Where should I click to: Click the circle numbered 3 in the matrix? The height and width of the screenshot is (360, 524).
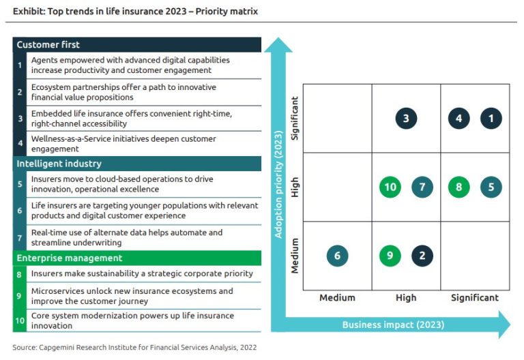[x=406, y=119]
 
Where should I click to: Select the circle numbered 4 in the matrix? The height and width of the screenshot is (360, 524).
[x=458, y=119]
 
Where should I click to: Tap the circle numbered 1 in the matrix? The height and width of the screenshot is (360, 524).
[x=491, y=119]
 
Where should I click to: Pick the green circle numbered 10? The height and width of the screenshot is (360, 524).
[x=390, y=187]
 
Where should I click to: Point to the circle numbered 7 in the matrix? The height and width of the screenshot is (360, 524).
[x=422, y=187]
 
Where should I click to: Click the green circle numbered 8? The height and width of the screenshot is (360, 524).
[x=458, y=187]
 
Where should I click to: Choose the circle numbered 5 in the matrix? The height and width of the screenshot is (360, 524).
[x=491, y=187]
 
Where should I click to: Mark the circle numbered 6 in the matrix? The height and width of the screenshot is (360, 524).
[x=337, y=256]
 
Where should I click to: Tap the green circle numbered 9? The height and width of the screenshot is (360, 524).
[x=390, y=256]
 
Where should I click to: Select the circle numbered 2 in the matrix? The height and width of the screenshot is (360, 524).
[x=422, y=256]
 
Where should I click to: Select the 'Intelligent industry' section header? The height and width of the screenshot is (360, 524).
[x=59, y=164]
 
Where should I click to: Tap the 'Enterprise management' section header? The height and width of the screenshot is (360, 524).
[x=69, y=258]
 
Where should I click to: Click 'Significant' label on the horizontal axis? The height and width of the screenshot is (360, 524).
[x=475, y=298]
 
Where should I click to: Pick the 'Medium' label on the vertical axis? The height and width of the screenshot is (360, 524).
[x=295, y=256]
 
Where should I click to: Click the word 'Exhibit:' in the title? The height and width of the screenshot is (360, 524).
[x=30, y=12]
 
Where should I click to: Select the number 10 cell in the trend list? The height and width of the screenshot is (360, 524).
[x=20, y=320]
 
